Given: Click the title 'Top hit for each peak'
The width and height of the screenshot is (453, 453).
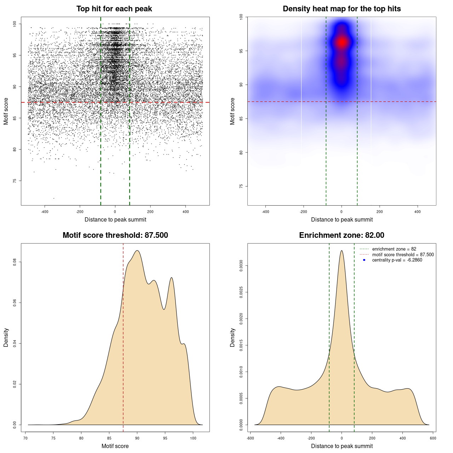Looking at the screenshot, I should (114, 9).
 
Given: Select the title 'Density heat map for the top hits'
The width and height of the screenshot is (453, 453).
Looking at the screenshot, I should (342, 9).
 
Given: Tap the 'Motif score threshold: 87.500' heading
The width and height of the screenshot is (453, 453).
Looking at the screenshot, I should (115, 235).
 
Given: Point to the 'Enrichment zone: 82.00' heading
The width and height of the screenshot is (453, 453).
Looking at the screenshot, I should (342, 235).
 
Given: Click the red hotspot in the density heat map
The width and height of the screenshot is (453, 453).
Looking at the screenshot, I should (342, 42).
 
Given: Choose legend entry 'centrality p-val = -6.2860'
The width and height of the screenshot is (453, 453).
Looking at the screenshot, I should (397, 260).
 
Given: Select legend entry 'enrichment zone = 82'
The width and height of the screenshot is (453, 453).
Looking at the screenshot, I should (394, 249).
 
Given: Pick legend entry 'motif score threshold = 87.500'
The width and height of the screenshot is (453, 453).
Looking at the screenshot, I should (403, 255).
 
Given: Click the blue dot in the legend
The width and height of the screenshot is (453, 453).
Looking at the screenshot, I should (364, 260).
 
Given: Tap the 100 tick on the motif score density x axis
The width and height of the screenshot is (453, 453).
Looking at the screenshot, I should (193, 438).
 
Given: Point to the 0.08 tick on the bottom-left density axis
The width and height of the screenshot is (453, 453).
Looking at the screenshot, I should (15, 262).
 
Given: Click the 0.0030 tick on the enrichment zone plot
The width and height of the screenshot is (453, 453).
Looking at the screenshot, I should (241, 266).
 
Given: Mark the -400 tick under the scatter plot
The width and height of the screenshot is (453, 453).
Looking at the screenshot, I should (45, 212).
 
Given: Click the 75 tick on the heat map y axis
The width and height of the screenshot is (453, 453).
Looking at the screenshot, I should (241, 186).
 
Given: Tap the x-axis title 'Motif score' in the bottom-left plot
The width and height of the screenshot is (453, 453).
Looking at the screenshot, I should (115, 446).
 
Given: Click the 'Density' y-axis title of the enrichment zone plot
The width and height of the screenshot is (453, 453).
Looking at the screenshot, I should (233, 337).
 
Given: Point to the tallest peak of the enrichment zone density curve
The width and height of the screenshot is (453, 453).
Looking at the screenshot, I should (342, 251).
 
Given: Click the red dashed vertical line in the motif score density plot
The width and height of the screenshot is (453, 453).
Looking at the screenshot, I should (123, 336).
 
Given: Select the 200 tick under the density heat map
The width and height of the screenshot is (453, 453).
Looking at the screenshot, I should (380, 212).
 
